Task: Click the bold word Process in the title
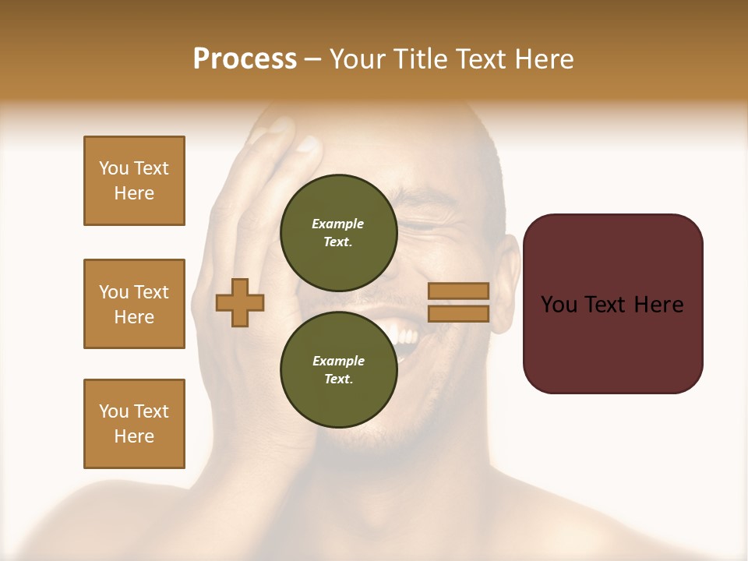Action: [x=245, y=59]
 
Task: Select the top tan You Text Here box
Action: [x=134, y=181]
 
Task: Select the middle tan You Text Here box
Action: [x=134, y=304]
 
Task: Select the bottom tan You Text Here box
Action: [x=134, y=424]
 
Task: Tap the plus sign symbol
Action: [x=240, y=302]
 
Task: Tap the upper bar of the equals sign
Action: [x=458, y=291]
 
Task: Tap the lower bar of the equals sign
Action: [x=458, y=313]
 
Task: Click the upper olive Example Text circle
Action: [x=338, y=232]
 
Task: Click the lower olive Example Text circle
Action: [x=338, y=369]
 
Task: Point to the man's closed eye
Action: [x=421, y=227]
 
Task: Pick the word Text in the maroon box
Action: [x=607, y=305]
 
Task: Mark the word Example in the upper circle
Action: [x=338, y=224]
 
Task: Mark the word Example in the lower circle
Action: [x=338, y=361]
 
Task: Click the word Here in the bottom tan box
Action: [x=134, y=436]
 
